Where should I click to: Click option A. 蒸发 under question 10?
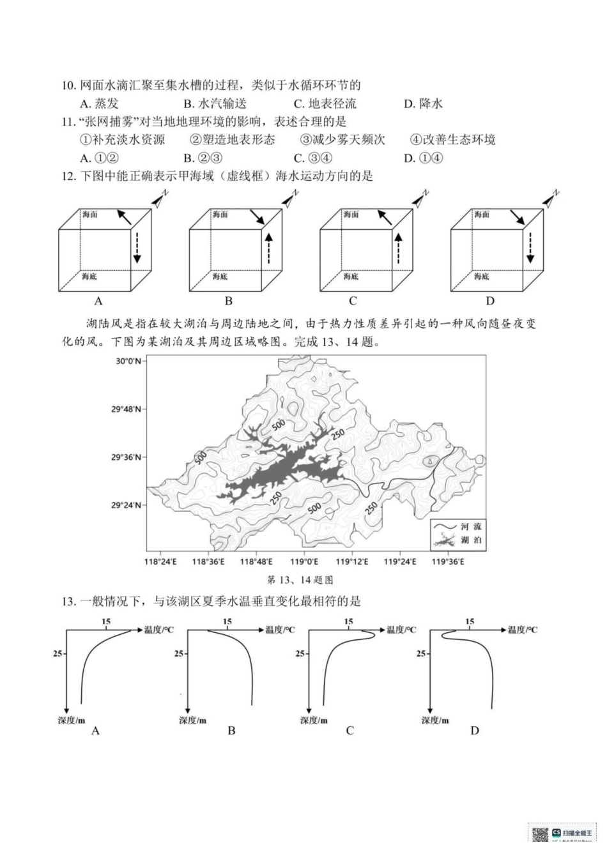pos(99,103)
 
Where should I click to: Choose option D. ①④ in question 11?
pos(423,158)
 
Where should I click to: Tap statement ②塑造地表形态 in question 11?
pos(233,140)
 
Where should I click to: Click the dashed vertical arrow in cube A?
pos(136,247)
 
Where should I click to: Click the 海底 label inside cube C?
pos(351,276)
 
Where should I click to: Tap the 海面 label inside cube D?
pos(482,215)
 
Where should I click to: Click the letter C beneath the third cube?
pos(353,301)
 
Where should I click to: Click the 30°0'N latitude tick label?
pos(128,361)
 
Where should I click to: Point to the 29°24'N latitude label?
pos(127,505)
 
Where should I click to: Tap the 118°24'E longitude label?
pos(160,561)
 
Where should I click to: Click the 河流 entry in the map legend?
pos(471,526)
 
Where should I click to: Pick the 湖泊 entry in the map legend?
pos(471,540)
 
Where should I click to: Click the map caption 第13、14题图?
pos(300,580)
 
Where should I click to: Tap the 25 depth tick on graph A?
pos(58,653)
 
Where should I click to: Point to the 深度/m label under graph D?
pos(435,720)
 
